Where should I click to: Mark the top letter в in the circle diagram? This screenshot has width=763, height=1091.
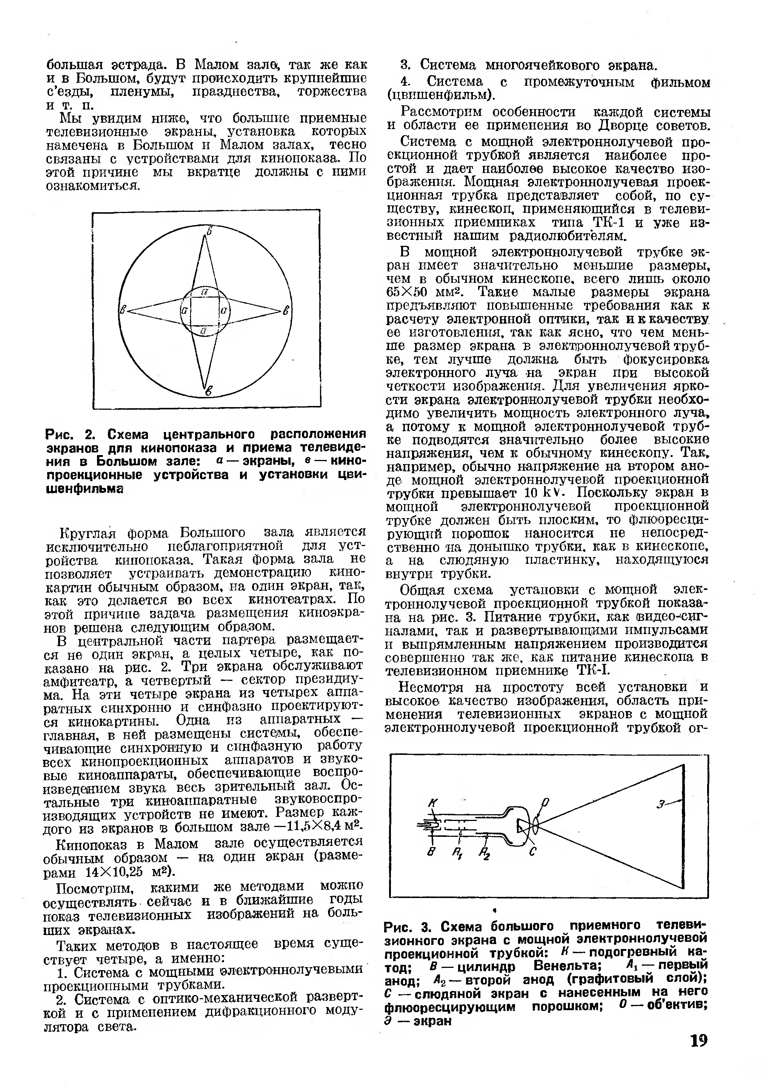point(209,230)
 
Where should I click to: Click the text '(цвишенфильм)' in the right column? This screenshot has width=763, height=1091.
point(441,95)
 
